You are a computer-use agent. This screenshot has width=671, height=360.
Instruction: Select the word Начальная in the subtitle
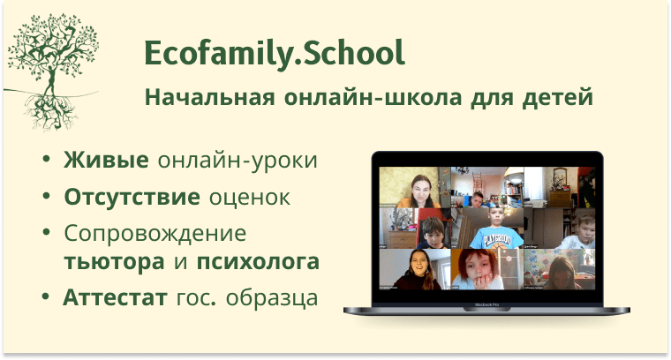pos(209,97)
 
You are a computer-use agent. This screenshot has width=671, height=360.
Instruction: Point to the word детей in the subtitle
pos(558,97)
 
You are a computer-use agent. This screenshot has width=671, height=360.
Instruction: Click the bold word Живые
pos(106,160)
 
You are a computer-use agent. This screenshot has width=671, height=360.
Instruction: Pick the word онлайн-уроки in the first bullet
pos(237,161)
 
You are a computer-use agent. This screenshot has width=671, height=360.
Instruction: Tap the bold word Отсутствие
pos(132,197)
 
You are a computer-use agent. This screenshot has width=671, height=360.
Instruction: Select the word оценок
pos(250,198)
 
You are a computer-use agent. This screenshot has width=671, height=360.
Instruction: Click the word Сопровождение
pos(155,235)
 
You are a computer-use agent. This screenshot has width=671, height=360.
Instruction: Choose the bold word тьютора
pos(114,262)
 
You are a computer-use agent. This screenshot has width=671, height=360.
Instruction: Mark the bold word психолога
pos(258,262)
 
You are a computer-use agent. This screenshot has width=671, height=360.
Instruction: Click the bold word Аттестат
pos(115,297)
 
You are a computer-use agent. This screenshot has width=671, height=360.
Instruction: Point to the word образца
pos(272,298)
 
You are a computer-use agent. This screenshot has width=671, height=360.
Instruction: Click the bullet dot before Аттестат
pos(46,296)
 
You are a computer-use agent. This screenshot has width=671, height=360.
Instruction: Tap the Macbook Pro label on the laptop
pos(486,304)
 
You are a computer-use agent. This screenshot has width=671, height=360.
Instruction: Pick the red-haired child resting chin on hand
pos(477,270)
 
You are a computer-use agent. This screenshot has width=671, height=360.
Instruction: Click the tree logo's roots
pos(51,112)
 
